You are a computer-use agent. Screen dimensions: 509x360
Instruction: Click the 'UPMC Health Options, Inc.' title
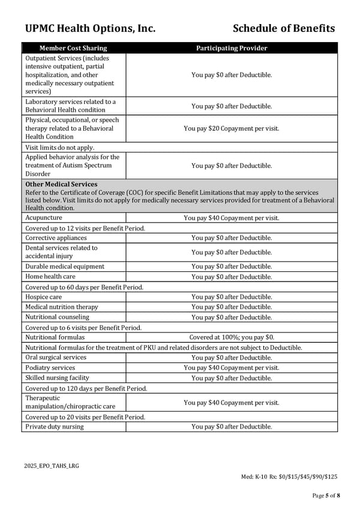pos(90,28)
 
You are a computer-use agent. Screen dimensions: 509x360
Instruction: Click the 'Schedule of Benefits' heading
pos(283,28)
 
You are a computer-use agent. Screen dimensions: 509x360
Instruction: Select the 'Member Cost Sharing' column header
pos(73,48)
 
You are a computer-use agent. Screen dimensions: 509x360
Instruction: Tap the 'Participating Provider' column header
pos(232,48)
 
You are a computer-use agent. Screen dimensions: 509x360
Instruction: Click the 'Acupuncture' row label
pos(44,218)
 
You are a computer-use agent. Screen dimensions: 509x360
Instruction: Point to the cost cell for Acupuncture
pos(232,218)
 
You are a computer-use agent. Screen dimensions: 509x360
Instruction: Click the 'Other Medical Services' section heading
pos(61,184)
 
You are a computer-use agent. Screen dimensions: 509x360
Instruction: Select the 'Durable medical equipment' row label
pos(65,267)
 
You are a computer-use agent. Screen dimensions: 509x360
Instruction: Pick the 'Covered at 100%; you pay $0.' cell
pos(232,337)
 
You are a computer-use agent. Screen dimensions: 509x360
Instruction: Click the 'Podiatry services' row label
pos(50,367)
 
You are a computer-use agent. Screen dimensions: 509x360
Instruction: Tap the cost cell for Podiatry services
pos(232,367)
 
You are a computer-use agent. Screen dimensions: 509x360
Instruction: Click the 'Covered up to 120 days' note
pos(86,388)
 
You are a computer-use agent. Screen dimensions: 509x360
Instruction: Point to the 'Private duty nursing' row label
pos(55,427)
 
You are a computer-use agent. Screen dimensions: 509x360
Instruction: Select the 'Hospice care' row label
pos(44,297)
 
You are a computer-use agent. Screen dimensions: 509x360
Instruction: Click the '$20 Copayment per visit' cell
pos(232,128)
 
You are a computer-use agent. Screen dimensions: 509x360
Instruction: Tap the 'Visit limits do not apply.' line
pos(60,147)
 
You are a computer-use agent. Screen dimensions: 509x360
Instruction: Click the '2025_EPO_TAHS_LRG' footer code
pos(52,465)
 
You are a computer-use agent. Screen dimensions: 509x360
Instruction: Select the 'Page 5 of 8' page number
pos(326,495)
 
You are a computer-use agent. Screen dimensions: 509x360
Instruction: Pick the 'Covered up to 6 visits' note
pos(83,328)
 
